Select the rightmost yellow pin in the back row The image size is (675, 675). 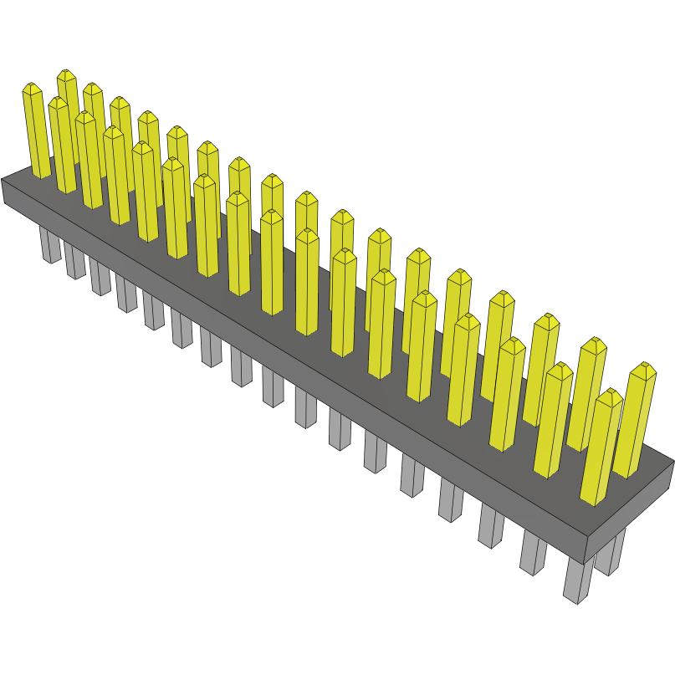point(636,418)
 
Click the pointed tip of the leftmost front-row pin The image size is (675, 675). point(31,87)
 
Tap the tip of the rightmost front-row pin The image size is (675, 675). point(610,393)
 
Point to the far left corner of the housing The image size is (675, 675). point(3,181)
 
